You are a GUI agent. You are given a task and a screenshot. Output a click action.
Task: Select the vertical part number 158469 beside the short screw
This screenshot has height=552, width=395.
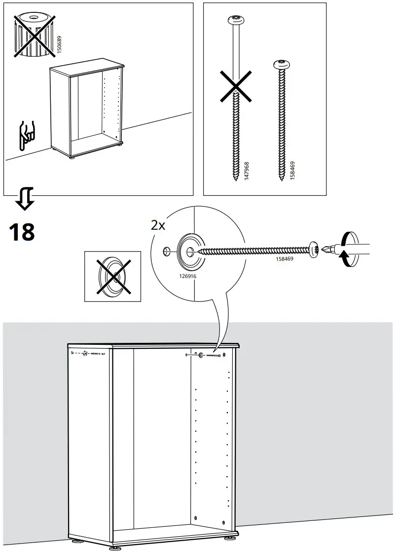click(292, 170)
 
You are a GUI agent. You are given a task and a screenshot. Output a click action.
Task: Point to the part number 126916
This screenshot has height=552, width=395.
click(187, 277)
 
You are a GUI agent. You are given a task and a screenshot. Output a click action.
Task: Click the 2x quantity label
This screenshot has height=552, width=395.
click(158, 225)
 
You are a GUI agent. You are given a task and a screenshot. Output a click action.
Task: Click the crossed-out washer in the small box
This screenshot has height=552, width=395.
click(113, 276)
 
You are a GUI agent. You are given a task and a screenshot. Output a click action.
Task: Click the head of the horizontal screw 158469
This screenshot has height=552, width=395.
click(314, 249)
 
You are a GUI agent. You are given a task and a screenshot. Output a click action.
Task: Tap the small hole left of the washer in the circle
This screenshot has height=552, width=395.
click(166, 252)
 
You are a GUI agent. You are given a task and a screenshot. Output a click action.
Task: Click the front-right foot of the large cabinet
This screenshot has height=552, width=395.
click(231, 539)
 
